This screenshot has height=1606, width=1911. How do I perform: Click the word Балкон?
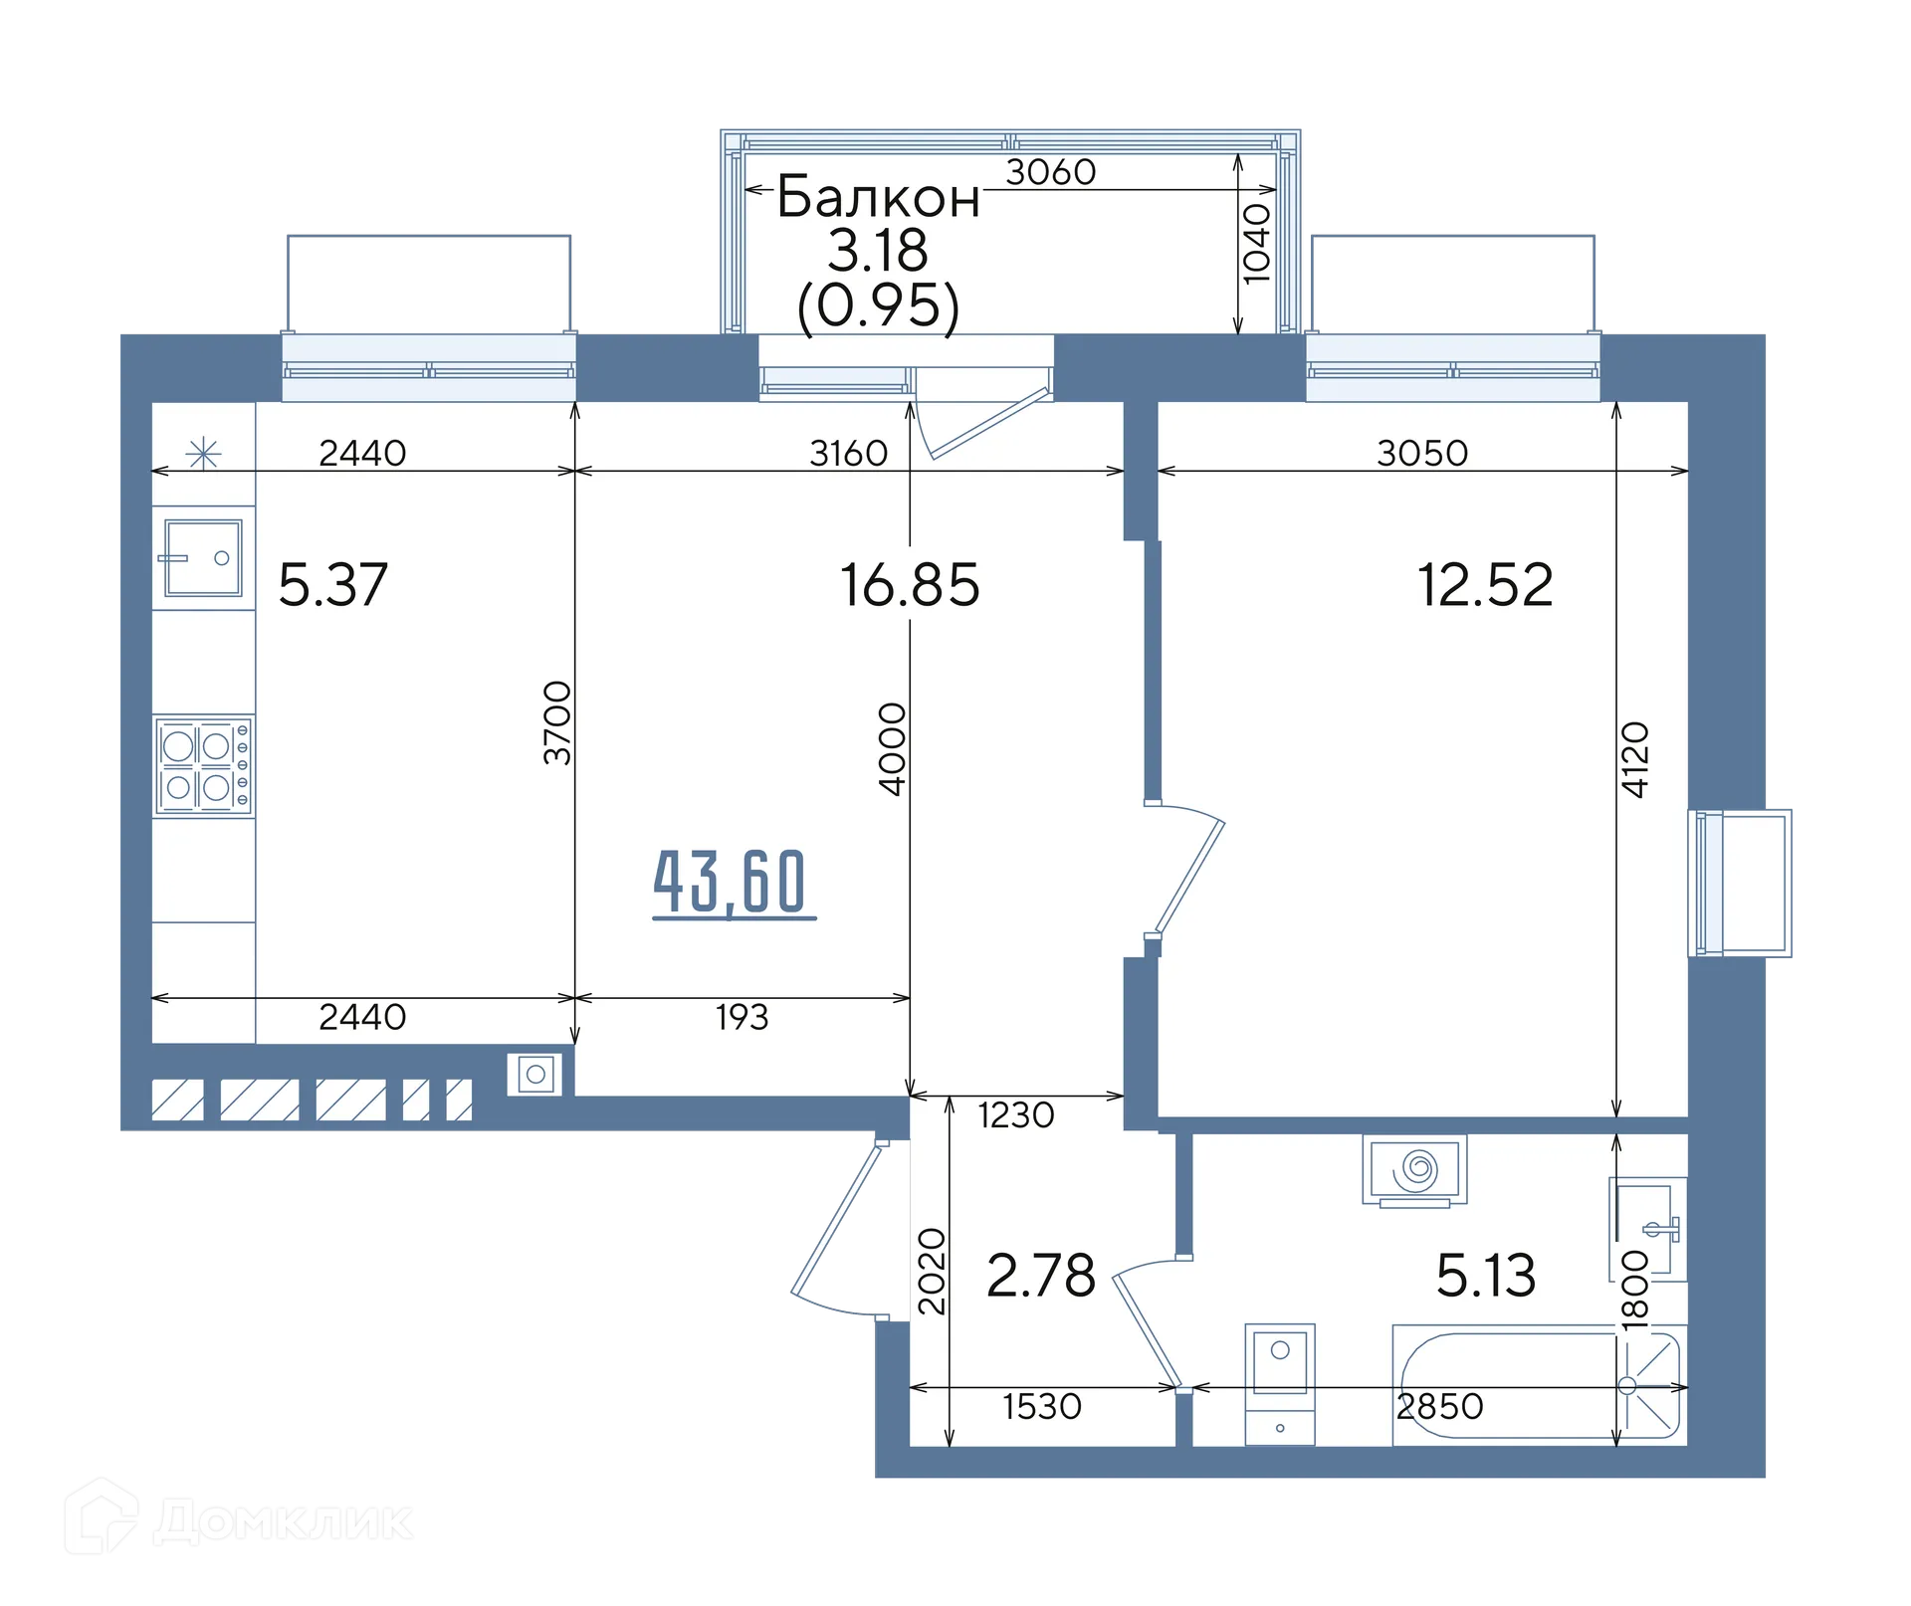point(878,197)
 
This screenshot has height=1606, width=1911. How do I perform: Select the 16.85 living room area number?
point(910,584)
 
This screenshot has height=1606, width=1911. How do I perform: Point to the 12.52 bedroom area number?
point(1484,584)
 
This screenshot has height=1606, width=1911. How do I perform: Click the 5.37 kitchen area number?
point(332,584)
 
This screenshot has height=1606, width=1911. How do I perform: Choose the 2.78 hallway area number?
point(1041,1276)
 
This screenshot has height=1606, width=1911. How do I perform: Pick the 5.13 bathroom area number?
point(1486,1276)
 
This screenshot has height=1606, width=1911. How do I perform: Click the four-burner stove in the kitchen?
point(203,766)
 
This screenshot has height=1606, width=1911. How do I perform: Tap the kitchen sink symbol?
point(203,558)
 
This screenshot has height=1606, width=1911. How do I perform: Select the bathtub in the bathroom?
point(1539,1384)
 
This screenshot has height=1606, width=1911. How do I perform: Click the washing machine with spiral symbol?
point(1414,1169)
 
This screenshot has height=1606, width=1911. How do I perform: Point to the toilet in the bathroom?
point(1280,1384)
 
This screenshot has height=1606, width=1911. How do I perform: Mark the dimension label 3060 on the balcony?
point(1051,173)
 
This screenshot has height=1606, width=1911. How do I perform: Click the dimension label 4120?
point(1635,759)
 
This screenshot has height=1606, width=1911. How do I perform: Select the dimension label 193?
point(742,1017)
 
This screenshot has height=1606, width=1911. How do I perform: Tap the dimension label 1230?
point(1016,1115)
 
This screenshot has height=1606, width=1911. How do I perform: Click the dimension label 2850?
point(1440,1406)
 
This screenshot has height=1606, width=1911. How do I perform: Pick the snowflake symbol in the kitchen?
point(203,454)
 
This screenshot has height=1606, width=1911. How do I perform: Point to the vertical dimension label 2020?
point(932,1272)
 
